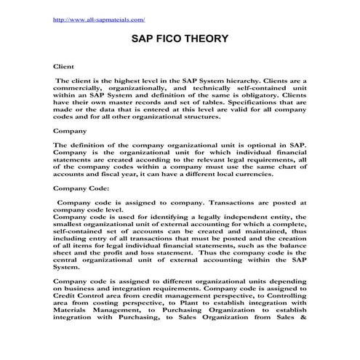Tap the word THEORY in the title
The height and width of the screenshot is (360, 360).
click(221, 42)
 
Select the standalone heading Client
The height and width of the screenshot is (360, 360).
click(65, 65)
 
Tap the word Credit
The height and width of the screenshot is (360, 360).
click(66, 293)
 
